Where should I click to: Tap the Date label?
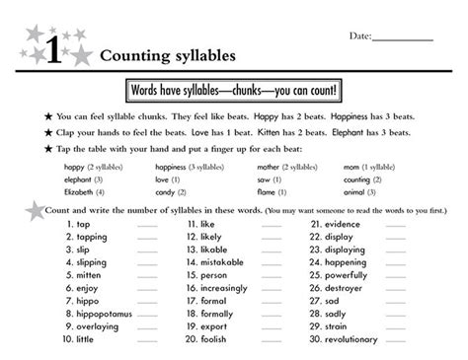tap(360, 36)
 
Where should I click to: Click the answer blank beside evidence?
tap(396, 225)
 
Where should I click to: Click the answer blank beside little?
tap(147, 338)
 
